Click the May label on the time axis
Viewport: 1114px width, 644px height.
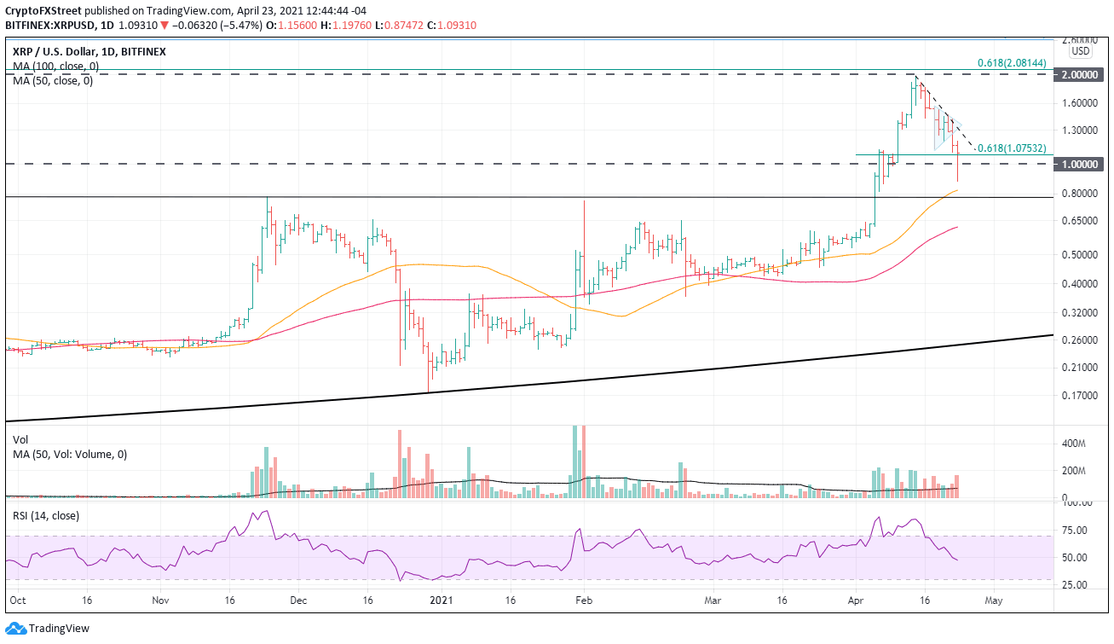pyautogui.click(x=994, y=600)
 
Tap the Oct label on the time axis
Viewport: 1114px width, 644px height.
pyautogui.click(x=15, y=600)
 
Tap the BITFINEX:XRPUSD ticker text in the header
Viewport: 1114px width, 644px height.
pyautogui.click(x=50, y=26)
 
